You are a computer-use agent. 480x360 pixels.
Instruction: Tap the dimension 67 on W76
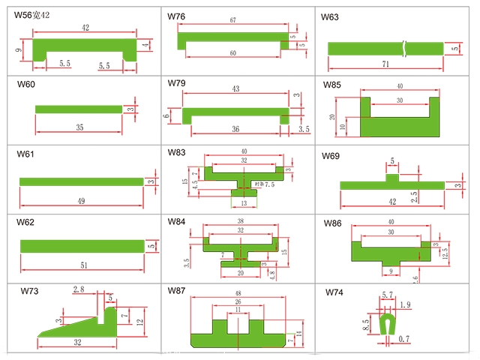(234, 21)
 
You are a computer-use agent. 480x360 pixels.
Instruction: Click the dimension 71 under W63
(385, 65)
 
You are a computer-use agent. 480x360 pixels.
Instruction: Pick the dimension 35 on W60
(79, 127)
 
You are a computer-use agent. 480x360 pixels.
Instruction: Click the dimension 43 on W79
(235, 89)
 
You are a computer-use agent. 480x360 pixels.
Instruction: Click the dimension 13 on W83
(242, 203)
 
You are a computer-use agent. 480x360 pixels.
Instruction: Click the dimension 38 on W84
(240, 222)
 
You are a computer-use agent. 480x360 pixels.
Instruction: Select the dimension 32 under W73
(77, 342)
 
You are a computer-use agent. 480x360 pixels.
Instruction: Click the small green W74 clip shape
(388, 323)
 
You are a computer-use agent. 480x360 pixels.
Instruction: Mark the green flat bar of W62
(81, 246)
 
